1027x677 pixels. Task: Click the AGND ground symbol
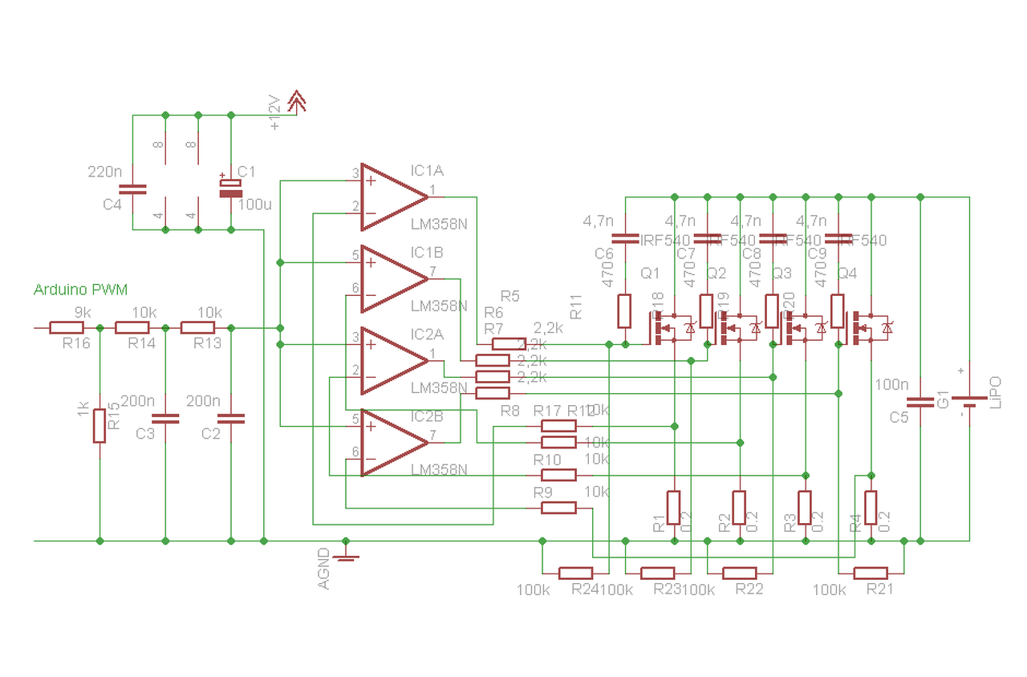click(346, 555)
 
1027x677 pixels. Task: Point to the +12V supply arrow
click(296, 101)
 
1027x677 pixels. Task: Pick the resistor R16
click(67, 327)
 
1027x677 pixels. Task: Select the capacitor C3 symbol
click(165, 418)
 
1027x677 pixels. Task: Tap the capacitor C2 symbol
click(231, 418)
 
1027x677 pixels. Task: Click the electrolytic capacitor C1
click(231, 188)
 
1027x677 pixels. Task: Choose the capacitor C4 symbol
click(132, 189)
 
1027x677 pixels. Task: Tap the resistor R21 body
click(871, 573)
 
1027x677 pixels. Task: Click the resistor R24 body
click(575, 573)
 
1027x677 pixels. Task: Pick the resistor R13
click(198, 327)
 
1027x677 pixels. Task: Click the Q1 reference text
click(650, 274)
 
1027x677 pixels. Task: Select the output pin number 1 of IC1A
click(434, 189)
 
